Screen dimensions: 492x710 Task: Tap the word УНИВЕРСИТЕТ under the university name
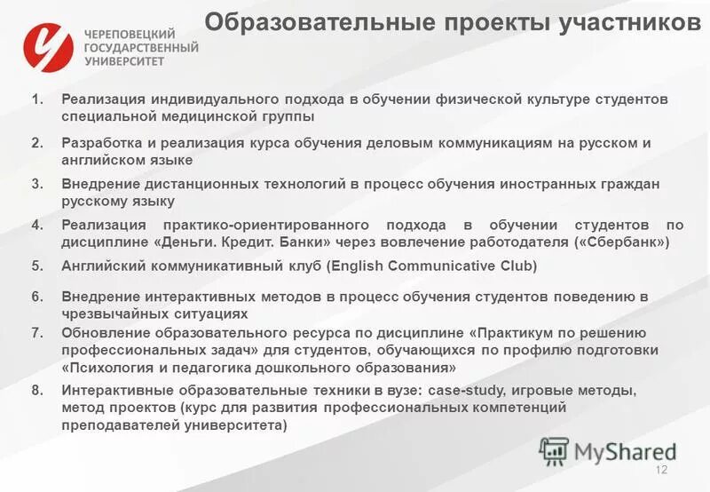[x=124, y=62]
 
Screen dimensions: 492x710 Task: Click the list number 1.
[x=36, y=99]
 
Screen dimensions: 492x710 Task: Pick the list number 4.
[x=36, y=225]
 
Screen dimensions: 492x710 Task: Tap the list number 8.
[x=36, y=390]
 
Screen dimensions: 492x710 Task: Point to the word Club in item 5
[x=517, y=266]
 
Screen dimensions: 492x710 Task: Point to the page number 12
[x=660, y=471]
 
